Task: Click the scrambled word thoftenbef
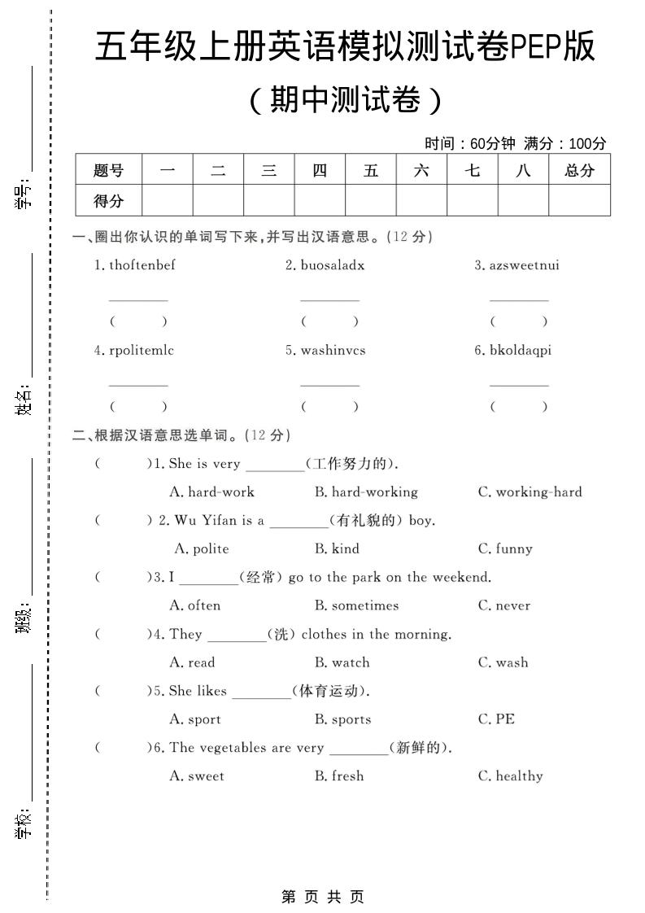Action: [142, 264]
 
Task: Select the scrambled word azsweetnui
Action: [524, 264]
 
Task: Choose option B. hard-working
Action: [366, 491]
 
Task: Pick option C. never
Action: [503, 605]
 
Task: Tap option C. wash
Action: [503, 662]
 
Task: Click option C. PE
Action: [496, 719]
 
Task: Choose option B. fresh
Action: [339, 776]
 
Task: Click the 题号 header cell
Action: [108, 170]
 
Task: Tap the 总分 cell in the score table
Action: [579, 170]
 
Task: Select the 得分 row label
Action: [108, 200]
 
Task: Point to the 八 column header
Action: [523, 170]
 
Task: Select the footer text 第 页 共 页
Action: [323, 896]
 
